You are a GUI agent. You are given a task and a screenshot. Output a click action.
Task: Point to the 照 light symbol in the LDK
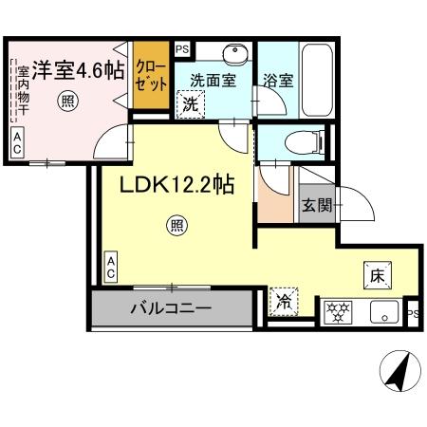(x=176, y=225)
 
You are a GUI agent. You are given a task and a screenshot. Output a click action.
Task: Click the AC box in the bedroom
(x=18, y=142)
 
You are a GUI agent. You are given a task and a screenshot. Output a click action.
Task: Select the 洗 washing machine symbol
(x=191, y=104)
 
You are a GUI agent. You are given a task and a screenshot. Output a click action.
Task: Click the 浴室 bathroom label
(x=278, y=81)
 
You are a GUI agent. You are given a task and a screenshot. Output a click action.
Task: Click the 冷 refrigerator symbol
(x=284, y=303)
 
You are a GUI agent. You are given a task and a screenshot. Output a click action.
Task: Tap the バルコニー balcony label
(x=171, y=308)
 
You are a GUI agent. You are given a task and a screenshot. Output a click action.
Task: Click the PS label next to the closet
(x=182, y=47)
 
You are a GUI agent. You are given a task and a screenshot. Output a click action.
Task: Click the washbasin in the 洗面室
(x=233, y=53)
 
